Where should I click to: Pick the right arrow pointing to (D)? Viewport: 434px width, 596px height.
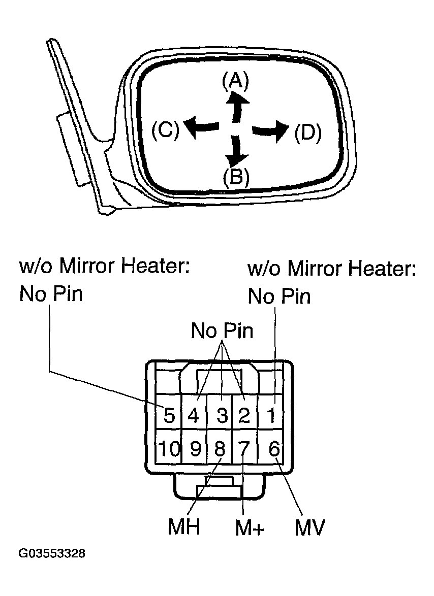click(x=270, y=131)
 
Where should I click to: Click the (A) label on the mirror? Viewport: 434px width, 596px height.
click(x=235, y=81)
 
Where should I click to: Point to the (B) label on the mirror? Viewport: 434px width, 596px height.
click(x=236, y=176)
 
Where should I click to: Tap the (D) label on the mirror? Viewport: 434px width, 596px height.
click(x=308, y=133)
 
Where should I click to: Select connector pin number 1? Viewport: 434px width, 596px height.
click(x=271, y=415)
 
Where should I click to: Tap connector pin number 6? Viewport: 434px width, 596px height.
click(x=274, y=449)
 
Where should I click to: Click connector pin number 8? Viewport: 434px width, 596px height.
click(x=220, y=449)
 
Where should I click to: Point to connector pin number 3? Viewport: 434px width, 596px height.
click(x=222, y=415)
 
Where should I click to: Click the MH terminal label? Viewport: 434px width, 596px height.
click(x=184, y=526)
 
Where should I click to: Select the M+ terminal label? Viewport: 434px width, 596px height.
click(x=250, y=527)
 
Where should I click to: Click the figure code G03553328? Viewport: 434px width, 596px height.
click(x=52, y=553)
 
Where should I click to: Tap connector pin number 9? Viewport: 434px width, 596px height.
click(x=195, y=449)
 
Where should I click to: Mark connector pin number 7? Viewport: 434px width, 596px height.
click(x=244, y=449)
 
